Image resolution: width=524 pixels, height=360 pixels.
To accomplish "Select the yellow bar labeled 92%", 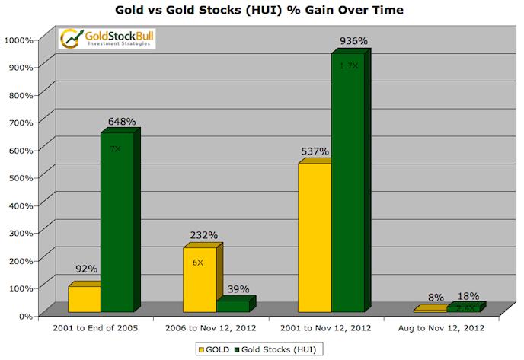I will pyautogui.click(x=84, y=299).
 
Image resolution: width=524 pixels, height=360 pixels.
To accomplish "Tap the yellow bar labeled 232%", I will pyautogui.click(x=200, y=279).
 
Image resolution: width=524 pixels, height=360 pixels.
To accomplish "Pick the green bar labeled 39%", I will pyautogui.click(x=232, y=306).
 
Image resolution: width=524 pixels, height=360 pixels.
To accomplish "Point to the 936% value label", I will pyautogui.click(x=353, y=41).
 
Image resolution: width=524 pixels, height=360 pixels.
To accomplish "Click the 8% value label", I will pyautogui.click(x=435, y=298).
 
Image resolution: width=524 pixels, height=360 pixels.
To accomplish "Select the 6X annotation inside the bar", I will pyautogui.click(x=198, y=262).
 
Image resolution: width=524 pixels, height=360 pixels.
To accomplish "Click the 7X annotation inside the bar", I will pyautogui.click(x=116, y=149).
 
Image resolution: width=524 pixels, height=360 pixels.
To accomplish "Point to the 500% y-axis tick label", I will pyautogui.click(x=23, y=177).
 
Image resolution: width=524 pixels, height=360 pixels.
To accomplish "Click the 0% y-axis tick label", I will pyautogui.click(x=27, y=315).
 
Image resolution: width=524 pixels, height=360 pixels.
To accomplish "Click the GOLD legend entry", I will pyautogui.click(x=215, y=349).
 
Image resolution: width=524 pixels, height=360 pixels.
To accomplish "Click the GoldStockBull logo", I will pyautogui.click(x=107, y=38).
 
